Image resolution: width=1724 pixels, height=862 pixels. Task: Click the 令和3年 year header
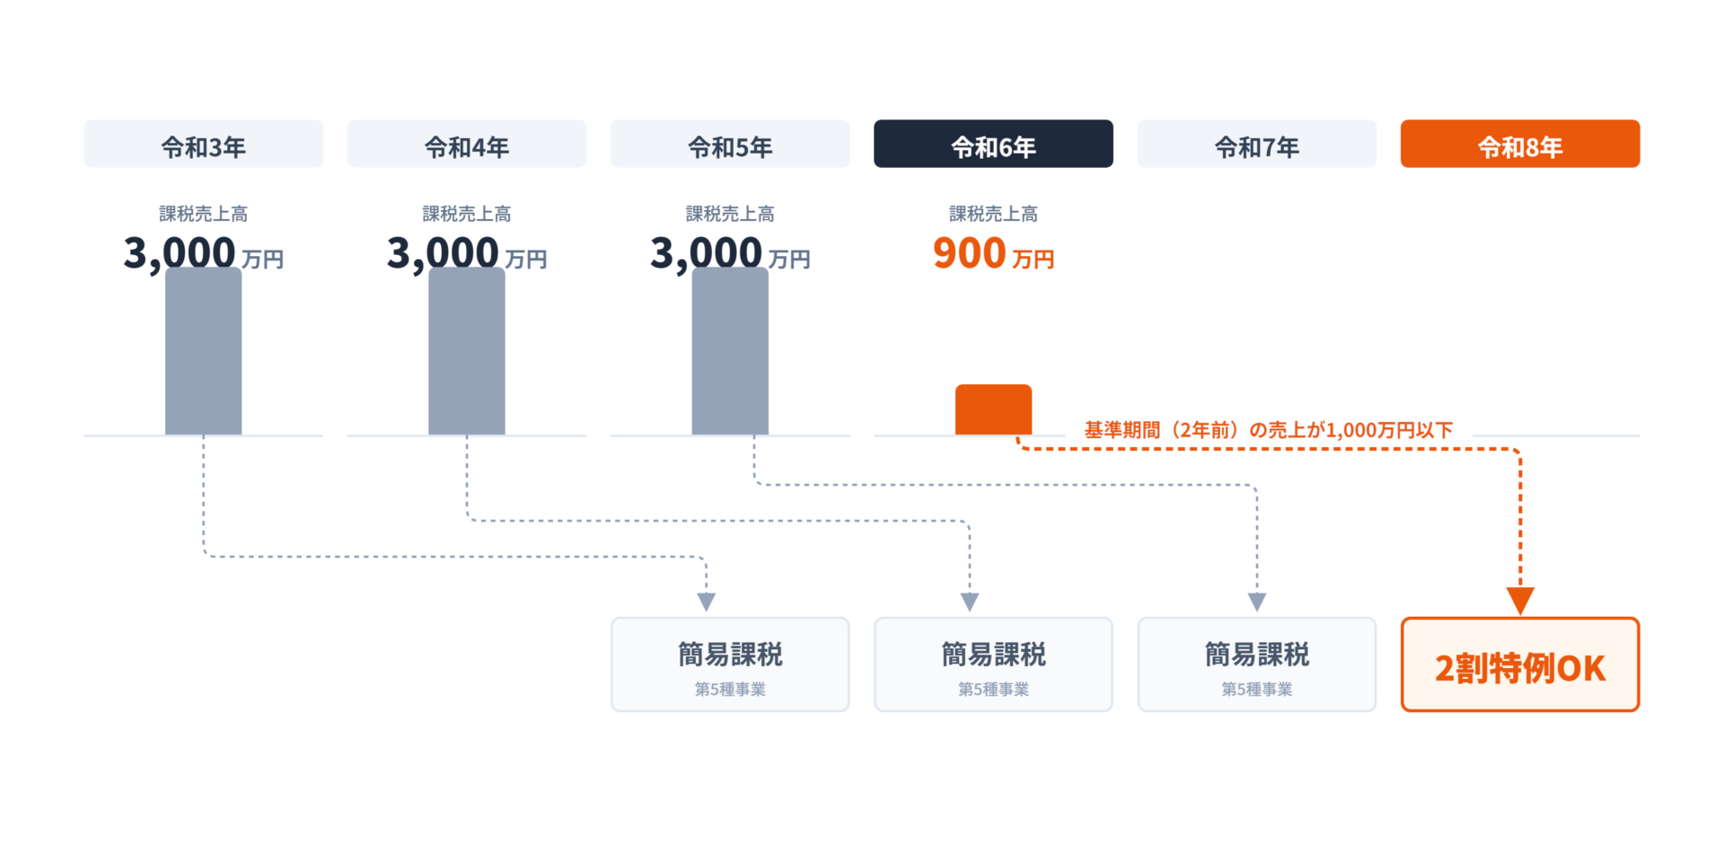tap(203, 144)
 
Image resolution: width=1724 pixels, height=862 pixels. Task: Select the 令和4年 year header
tap(466, 144)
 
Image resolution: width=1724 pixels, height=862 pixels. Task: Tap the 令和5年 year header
tap(730, 144)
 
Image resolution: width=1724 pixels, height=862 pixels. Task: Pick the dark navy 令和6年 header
tap(993, 144)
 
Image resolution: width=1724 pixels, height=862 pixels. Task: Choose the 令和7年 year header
tap(1256, 144)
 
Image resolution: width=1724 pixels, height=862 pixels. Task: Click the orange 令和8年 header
tap(1519, 144)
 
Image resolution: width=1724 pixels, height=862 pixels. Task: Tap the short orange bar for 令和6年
tap(993, 410)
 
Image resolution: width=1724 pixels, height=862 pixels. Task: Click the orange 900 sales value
tap(970, 253)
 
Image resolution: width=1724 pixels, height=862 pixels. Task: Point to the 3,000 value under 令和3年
tap(180, 253)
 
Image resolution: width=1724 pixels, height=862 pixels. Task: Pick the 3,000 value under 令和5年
tap(707, 253)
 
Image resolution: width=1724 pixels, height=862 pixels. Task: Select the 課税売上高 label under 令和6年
tap(993, 214)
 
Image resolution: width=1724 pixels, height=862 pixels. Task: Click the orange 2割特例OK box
tap(1519, 664)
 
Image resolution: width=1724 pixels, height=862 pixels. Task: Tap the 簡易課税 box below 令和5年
tap(730, 664)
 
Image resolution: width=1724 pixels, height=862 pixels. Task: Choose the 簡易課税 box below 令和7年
tap(1256, 664)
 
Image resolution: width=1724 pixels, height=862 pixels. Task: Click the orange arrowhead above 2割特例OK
tap(1520, 600)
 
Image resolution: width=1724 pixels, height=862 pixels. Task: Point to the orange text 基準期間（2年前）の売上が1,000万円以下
tap(1268, 430)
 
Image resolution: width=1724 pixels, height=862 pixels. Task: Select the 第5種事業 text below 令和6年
tap(993, 690)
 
